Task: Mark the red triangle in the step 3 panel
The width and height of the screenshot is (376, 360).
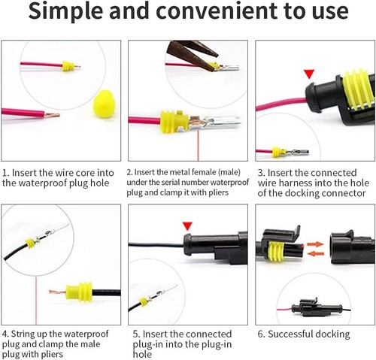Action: click(x=308, y=74)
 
